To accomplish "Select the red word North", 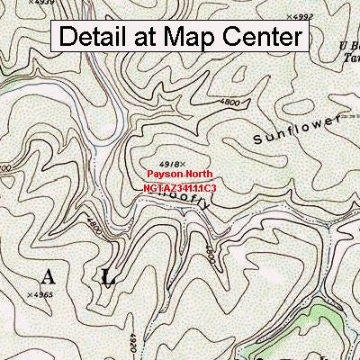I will [200, 175].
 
